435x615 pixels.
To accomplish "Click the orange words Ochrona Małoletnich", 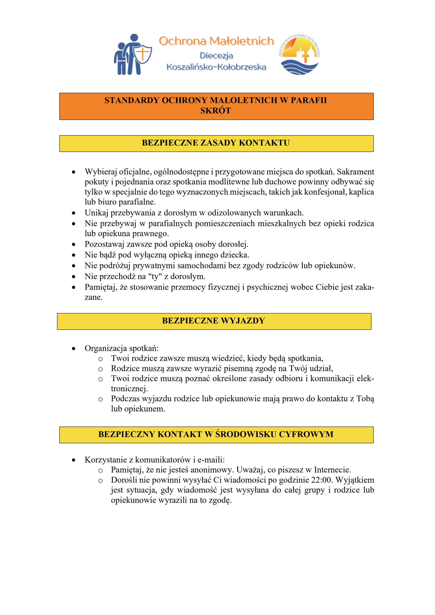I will pyautogui.click(x=216, y=41).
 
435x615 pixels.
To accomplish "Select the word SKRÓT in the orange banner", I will pyautogui.click(x=216, y=111).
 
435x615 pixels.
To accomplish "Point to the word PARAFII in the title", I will pyautogui.click(x=309, y=100).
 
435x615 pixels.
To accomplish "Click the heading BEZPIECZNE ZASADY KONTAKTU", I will pyautogui.click(x=216, y=143).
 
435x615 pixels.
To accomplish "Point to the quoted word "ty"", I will pyautogui.click(x=155, y=276).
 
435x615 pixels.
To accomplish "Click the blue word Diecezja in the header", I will pyautogui.click(x=216, y=56).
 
